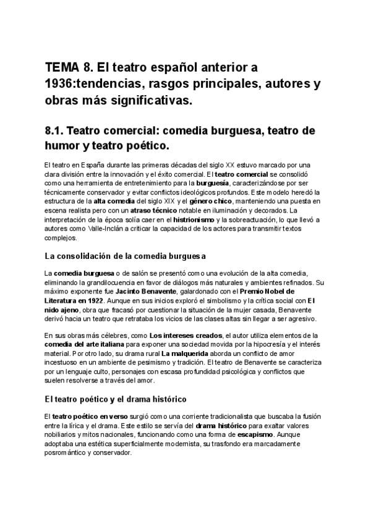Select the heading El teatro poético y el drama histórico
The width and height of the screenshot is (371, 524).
115,399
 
